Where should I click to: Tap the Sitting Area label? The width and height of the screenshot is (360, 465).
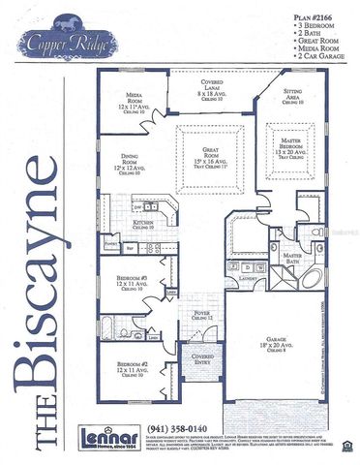tap(292, 94)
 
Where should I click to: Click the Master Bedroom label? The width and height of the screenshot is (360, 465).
tap(292, 147)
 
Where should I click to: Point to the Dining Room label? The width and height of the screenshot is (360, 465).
tap(131, 160)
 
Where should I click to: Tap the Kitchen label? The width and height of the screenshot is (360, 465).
tap(143, 223)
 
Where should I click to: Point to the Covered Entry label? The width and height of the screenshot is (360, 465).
tap(203, 359)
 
